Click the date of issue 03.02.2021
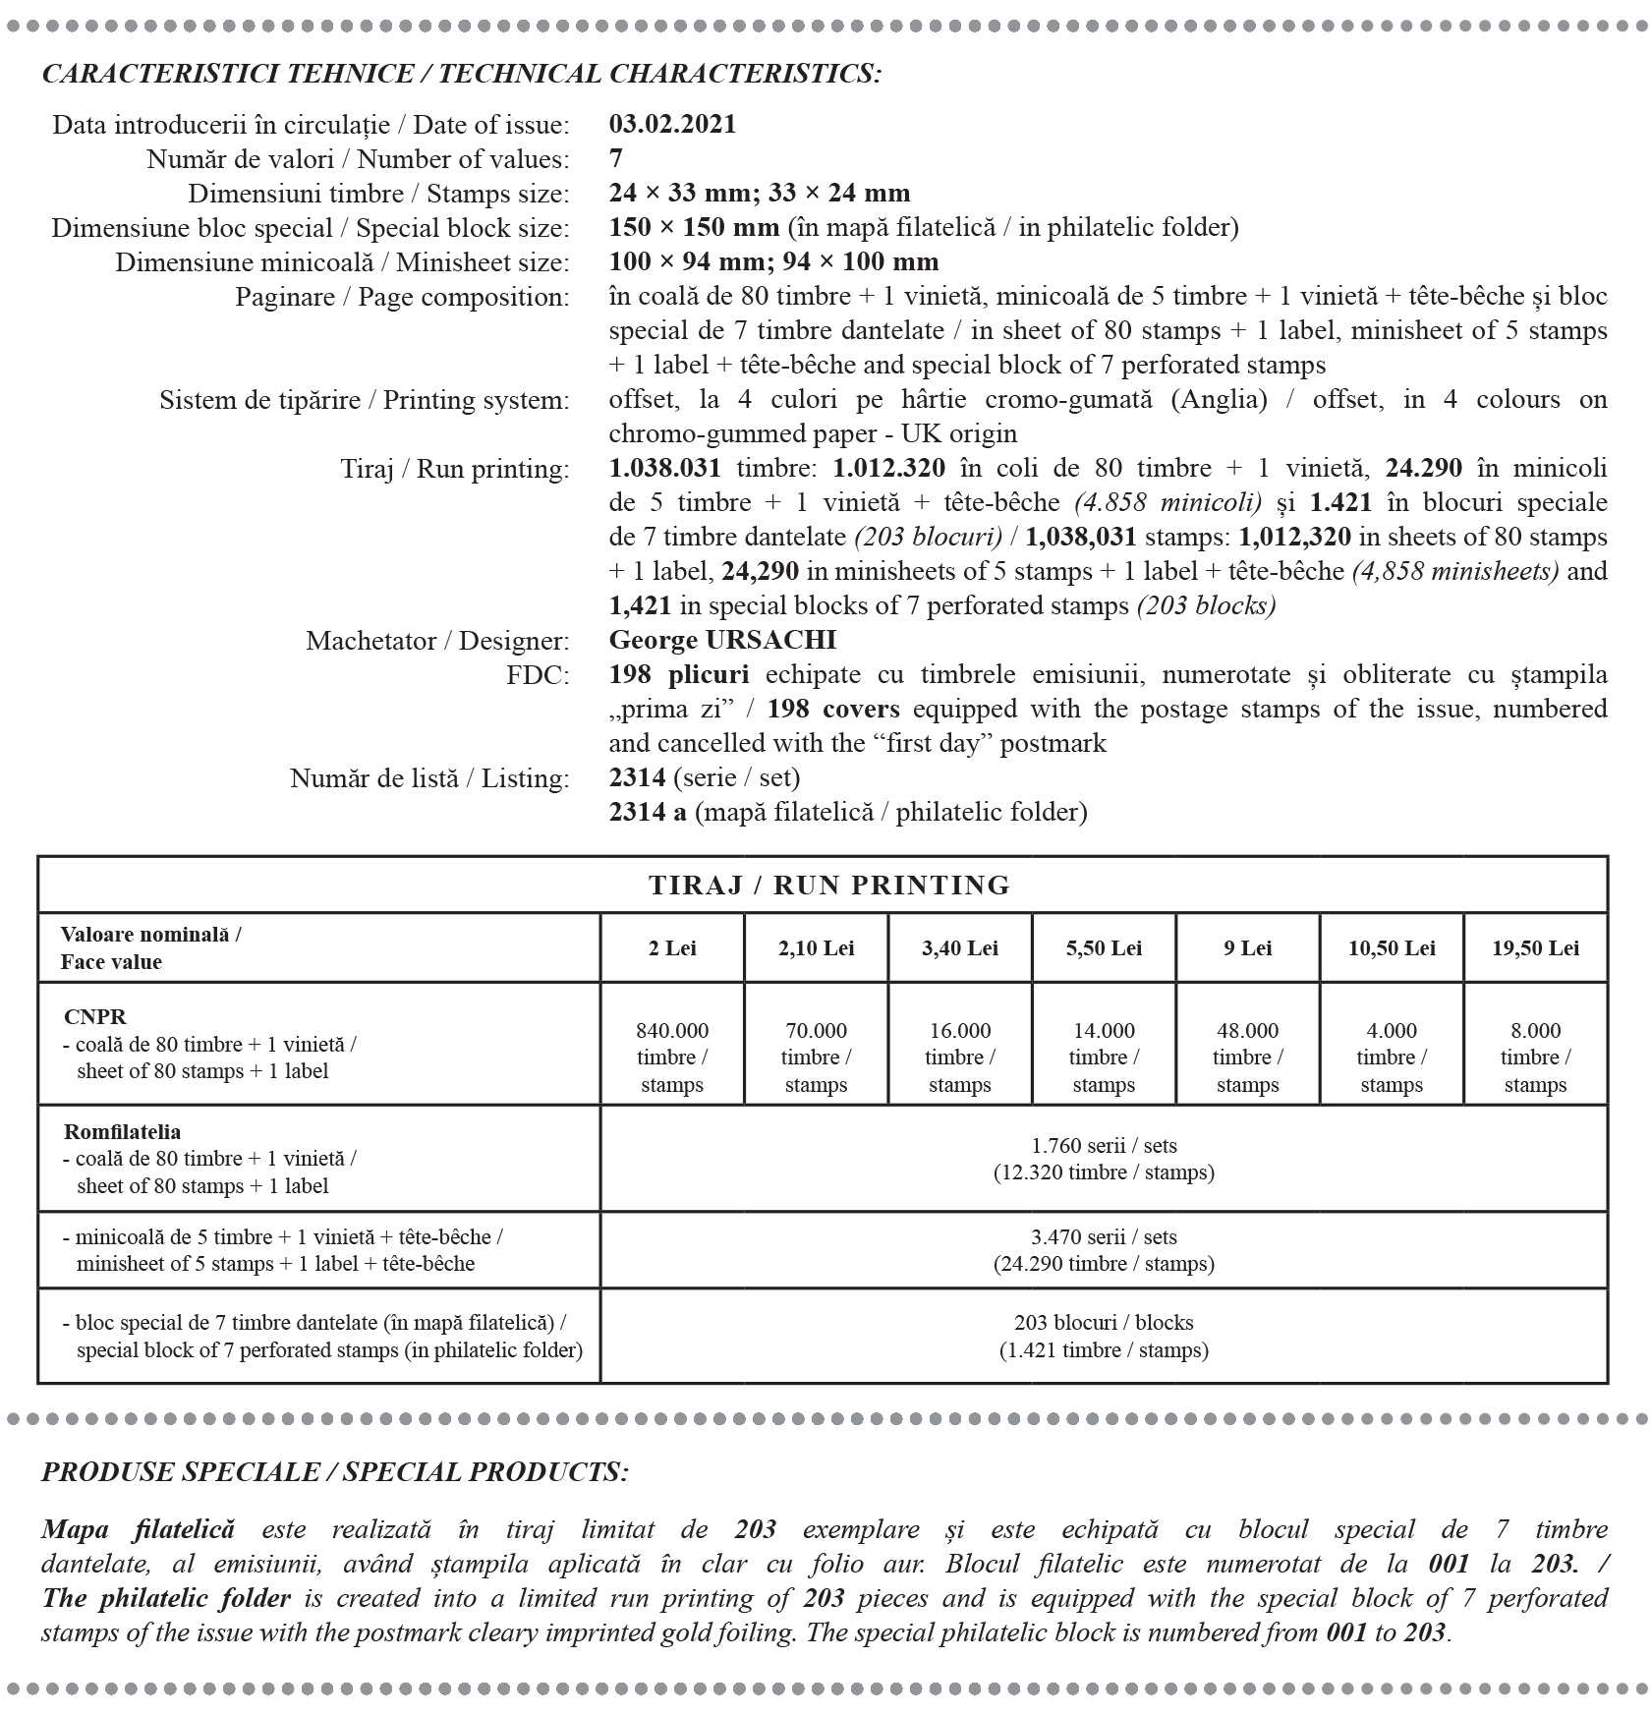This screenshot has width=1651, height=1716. coord(672,125)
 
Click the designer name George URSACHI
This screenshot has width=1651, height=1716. coord(722,641)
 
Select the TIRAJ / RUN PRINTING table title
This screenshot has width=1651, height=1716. coord(828,886)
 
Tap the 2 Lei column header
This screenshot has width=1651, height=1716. coord(672,948)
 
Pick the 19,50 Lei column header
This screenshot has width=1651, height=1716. coord(1535,948)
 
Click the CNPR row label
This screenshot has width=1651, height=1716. coord(94,1017)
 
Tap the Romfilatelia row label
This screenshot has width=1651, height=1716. coord(122,1132)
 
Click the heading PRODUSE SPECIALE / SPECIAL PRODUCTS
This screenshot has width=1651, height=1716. coord(334,1472)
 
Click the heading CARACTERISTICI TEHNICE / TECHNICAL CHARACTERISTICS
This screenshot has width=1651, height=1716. coord(461,74)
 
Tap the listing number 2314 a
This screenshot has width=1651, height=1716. coord(648,813)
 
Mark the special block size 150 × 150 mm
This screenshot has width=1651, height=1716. coord(694,228)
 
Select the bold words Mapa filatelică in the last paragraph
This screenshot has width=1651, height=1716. coord(138,1529)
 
